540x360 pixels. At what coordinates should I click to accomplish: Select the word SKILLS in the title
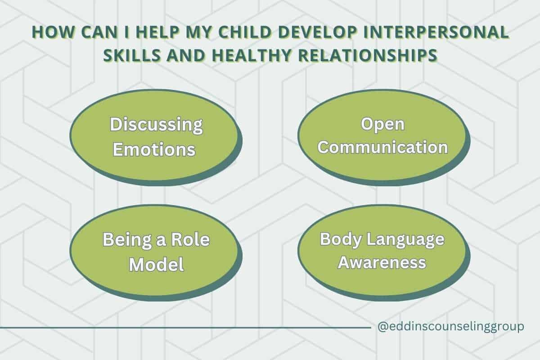pos(132,55)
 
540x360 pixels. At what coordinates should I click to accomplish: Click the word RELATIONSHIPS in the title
pos(368,55)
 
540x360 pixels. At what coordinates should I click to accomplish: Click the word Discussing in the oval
pos(156,125)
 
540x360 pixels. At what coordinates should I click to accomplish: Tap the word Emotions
pos(154,149)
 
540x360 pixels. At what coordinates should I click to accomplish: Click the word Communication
pos(382,147)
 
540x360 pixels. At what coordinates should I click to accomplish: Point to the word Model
pos(157,265)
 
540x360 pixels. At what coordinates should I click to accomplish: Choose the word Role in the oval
pos(190,240)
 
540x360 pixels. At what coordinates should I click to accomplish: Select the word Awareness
pos(382,262)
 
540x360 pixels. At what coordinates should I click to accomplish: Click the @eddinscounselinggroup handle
pos(451,327)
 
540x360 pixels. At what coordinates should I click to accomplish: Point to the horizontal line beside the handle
pos(185,328)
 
